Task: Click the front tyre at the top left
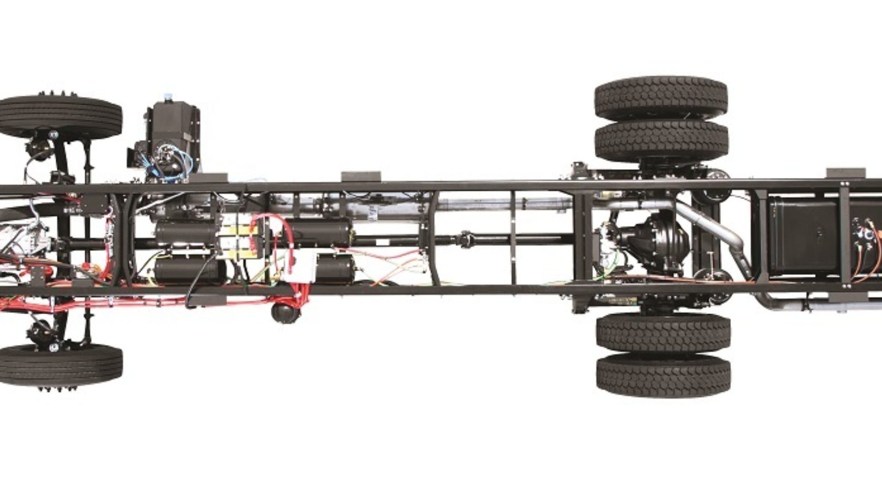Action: point(61,117)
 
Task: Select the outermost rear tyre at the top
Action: point(660,98)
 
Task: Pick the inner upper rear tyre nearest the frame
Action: point(661,139)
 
